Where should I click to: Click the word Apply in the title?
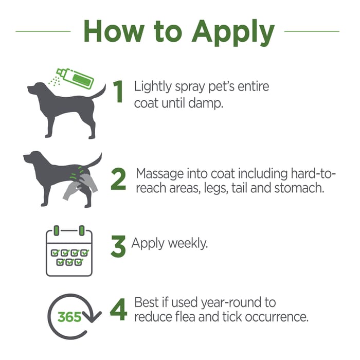(233, 33)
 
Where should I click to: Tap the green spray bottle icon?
(75, 78)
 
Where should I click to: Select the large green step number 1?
(118, 92)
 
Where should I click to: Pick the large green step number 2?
(118, 179)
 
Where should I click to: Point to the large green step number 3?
(118, 246)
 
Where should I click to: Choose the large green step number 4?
(118, 310)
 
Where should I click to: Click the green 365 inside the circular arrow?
(69, 317)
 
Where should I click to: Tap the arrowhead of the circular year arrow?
(92, 316)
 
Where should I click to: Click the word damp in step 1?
(206, 103)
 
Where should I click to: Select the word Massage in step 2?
(160, 174)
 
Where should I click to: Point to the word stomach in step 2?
(299, 188)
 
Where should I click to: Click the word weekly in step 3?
(188, 244)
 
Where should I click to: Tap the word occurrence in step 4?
(277, 317)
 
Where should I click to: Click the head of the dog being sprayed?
(37, 88)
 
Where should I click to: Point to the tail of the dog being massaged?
(94, 160)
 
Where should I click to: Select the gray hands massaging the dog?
(80, 186)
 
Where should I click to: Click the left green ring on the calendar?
(57, 230)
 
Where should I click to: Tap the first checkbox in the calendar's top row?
(55, 253)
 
